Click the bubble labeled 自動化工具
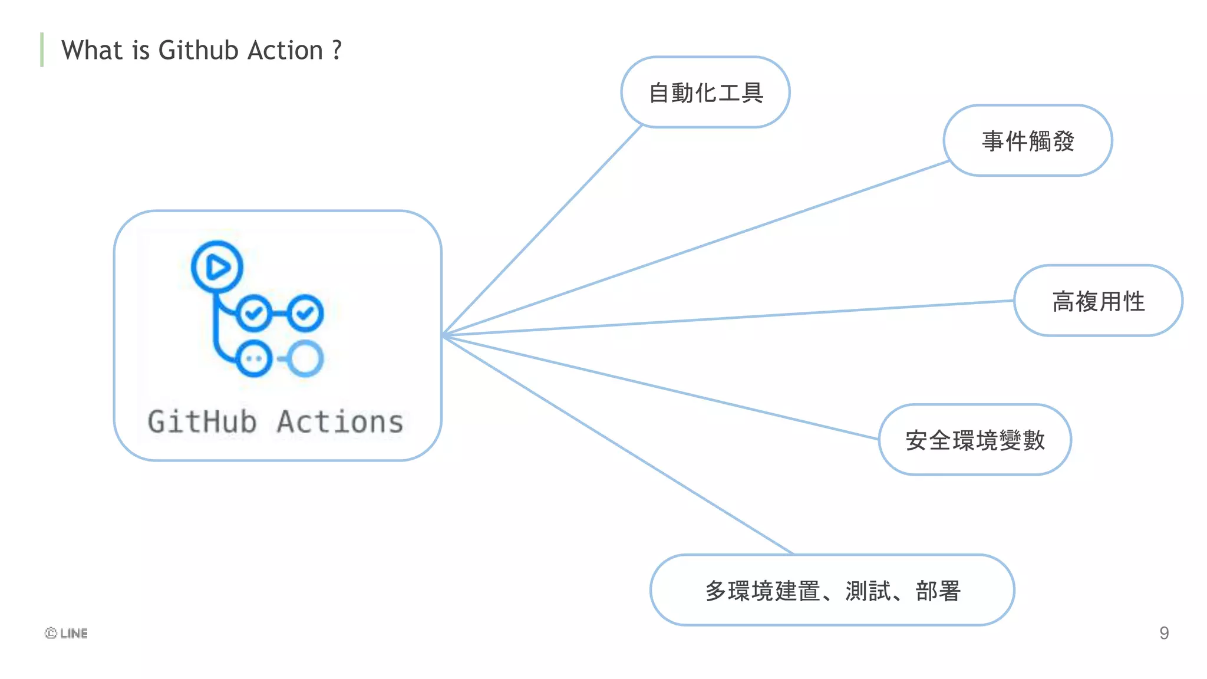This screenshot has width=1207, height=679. tap(705, 93)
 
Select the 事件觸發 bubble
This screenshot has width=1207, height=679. tap(1028, 141)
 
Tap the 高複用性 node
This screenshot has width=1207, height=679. tap(1098, 301)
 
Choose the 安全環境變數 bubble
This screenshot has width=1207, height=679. tap(975, 440)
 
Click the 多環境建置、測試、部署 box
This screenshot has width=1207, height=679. tap(832, 591)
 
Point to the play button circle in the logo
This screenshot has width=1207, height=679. tap(217, 267)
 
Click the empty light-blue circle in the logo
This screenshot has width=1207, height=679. tap(305, 358)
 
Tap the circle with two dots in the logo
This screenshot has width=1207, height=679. tap(254, 358)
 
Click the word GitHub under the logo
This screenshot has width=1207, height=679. tap(202, 422)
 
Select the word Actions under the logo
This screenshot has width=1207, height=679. tap(340, 422)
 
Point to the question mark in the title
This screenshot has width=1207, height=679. tap(337, 50)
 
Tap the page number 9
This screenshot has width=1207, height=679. tap(1164, 633)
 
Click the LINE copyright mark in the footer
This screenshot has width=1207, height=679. tap(66, 633)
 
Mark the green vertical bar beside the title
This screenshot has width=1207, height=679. tap(42, 50)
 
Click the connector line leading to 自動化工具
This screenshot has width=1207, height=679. tap(542, 230)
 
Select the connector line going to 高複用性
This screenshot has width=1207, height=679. tap(728, 318)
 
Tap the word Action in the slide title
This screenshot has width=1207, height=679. tap(285, 50)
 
